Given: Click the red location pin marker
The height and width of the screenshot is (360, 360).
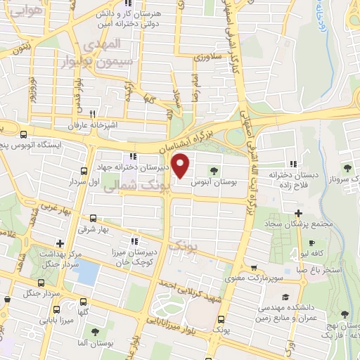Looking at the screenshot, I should pyautogui.click(x=181, y=167).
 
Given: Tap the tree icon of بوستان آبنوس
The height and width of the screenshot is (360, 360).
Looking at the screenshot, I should pyautogui.click(x=214, y=169).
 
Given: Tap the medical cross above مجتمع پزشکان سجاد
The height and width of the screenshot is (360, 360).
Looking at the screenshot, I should pyautogui.click(x=298, y=212).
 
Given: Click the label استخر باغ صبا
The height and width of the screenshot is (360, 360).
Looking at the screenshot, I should pyautogui.click(x=320, y=269).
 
